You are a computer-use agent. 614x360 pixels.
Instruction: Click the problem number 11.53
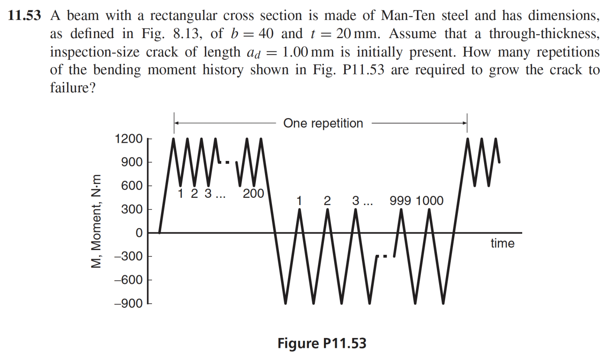click(x=25, y=16)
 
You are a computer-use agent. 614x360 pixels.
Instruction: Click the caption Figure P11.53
click(x=322, y=344)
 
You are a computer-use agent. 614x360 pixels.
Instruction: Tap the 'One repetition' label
click(x=323, y=123)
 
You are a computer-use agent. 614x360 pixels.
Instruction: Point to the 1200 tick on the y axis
click(x=129, y=139)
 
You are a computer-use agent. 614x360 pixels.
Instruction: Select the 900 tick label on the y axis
click(x=132, y=163)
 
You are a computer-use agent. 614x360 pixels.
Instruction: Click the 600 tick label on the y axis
click(x=132, y=186)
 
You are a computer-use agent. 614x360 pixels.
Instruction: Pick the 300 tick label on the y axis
click(x=132, y=210)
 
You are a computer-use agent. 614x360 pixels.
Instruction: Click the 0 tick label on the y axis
click(x=139, y=233)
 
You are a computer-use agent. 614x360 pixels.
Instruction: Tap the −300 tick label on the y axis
click(x=129, y=257)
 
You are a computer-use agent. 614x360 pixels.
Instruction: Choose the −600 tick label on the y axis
click(x=129, y=280)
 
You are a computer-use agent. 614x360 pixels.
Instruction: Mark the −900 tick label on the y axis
click(x=129, y=304)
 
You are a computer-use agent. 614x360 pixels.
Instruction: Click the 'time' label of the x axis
click(x=502, y=244)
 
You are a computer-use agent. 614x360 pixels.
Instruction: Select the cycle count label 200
click(x=253, y=194)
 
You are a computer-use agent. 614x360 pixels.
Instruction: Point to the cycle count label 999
click(x=401, y=201)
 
